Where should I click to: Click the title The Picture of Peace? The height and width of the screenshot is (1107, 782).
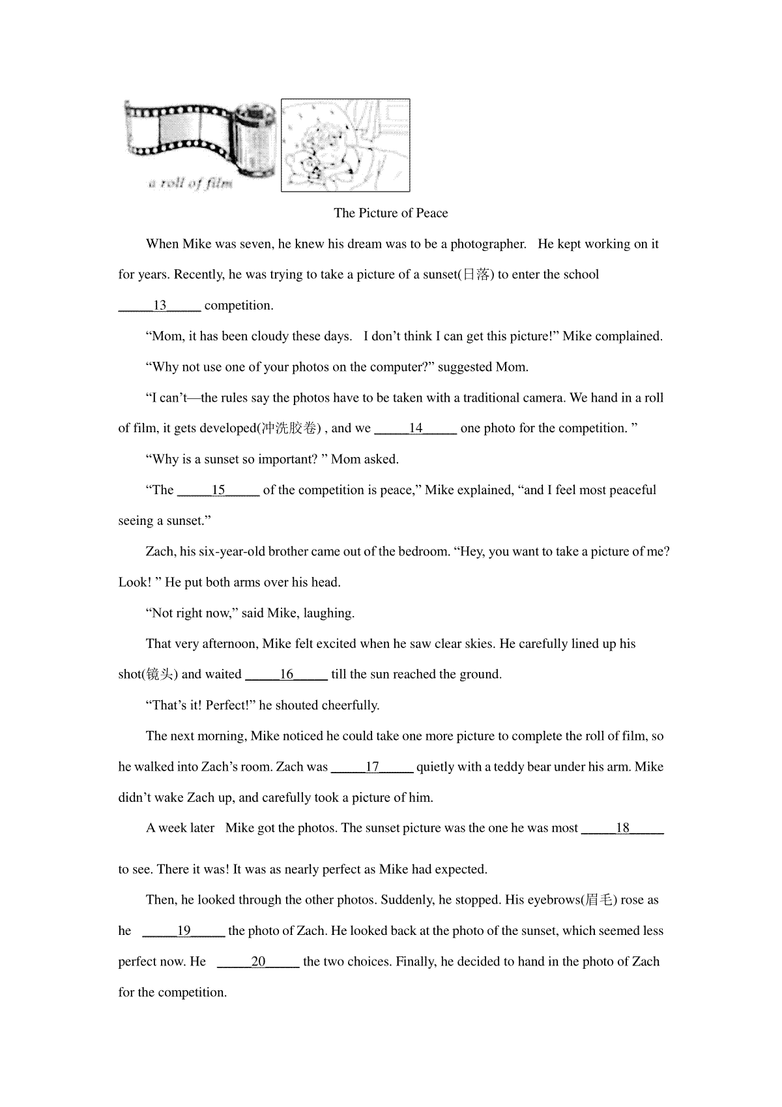[390, 213]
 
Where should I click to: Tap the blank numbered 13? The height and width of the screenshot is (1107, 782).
[160, 306]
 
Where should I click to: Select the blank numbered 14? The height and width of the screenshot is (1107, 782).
[416, 428]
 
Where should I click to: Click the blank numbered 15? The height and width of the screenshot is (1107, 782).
[218, 490]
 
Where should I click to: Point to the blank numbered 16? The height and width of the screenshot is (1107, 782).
[286, 675]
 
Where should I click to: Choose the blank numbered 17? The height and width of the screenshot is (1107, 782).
[372, 767]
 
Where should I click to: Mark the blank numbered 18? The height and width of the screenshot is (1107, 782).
[622, 829]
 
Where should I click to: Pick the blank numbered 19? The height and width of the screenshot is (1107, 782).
[184, 931]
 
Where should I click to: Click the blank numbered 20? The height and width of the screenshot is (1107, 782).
[258, 962]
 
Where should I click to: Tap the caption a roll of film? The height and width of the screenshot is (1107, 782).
[190, 184]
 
